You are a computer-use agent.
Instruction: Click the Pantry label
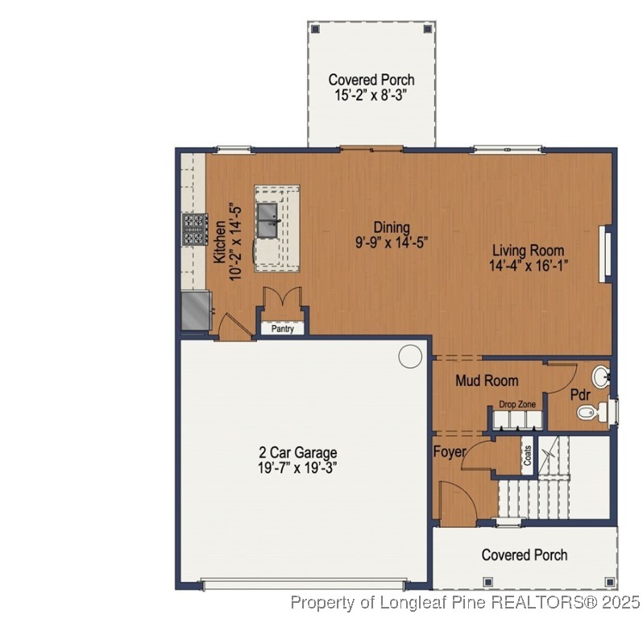tap(281, 329)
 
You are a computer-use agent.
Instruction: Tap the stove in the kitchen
tap(193, 229)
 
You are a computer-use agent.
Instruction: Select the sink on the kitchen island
tap(268, 216)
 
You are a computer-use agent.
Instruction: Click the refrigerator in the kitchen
tap(195, 310)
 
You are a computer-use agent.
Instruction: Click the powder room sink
tap(600, 376)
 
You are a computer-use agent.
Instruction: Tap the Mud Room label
tap(487, 380)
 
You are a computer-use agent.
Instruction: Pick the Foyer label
tap(450, 452)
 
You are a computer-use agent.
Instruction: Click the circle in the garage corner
tap(410, 355)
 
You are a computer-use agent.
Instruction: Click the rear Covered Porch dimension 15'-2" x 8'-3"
tap(371, 94)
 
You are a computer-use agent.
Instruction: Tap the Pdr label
tap(581, 395)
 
